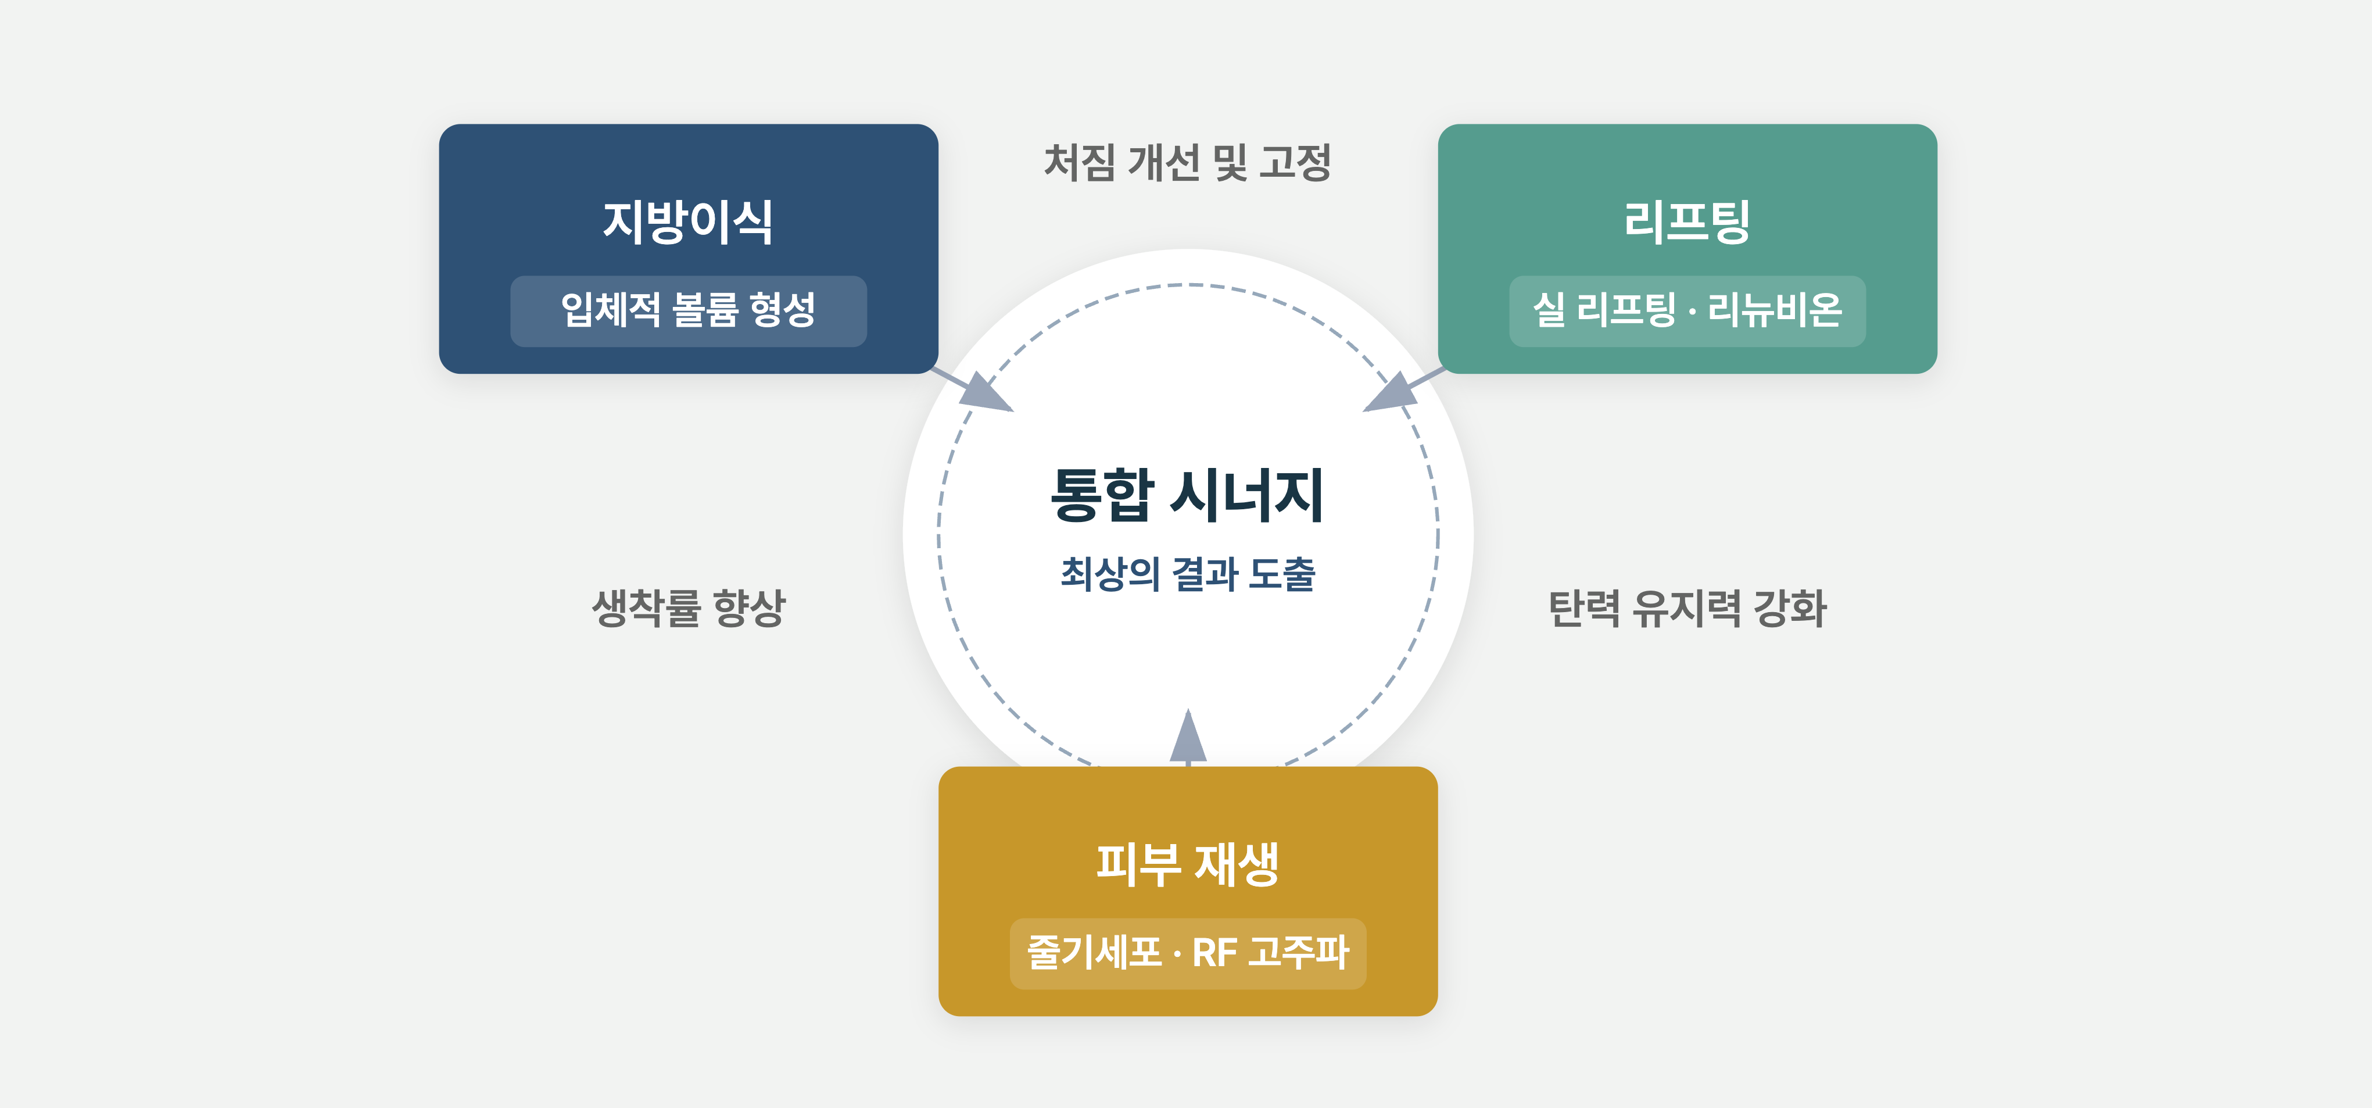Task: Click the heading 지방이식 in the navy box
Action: tap(688, 222)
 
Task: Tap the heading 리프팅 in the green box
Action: tap(1687, 222)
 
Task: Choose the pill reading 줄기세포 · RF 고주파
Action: tap(1188, 953)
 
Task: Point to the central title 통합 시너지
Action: tap(1188, 495)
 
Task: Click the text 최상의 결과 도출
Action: tap(1188, 574)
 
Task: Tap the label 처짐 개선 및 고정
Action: tap(1188, 163)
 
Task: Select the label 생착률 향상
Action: tap(689, 609)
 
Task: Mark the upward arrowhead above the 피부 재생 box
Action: tap(1188, 735)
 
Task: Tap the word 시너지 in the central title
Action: tap(1248, 495)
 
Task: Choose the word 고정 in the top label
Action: tap(1296, 163)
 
